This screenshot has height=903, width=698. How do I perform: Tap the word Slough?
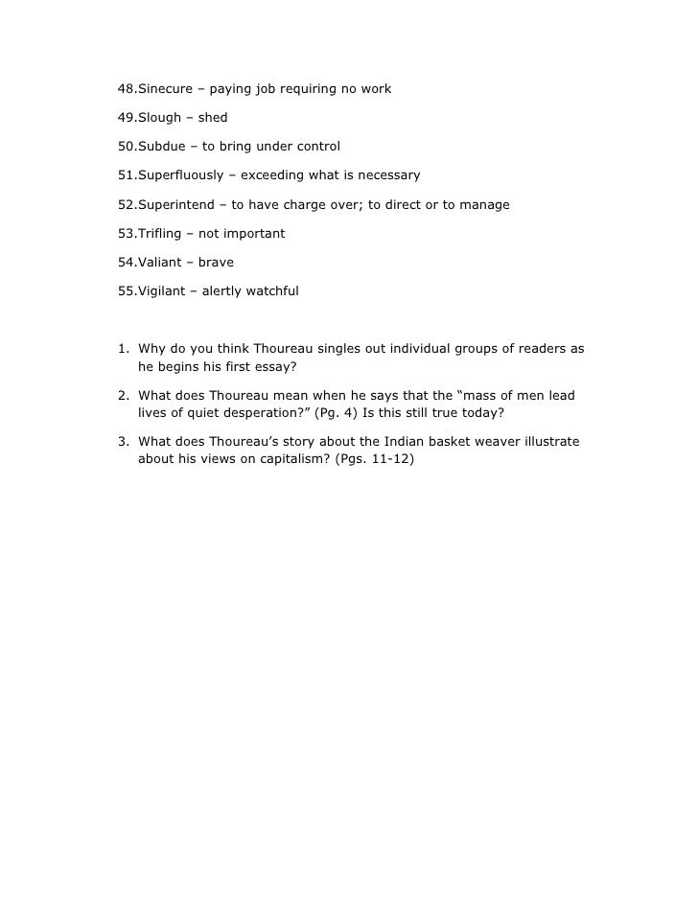159,118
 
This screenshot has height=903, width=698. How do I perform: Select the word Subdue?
162,147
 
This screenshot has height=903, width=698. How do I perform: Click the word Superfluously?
181,175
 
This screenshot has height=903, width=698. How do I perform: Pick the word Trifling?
163,233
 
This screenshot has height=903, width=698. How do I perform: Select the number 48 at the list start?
126,89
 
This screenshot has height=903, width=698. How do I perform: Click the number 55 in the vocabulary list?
126,290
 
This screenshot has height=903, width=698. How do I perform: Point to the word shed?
213,118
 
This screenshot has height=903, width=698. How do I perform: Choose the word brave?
217,262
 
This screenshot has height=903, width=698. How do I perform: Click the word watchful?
272,290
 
